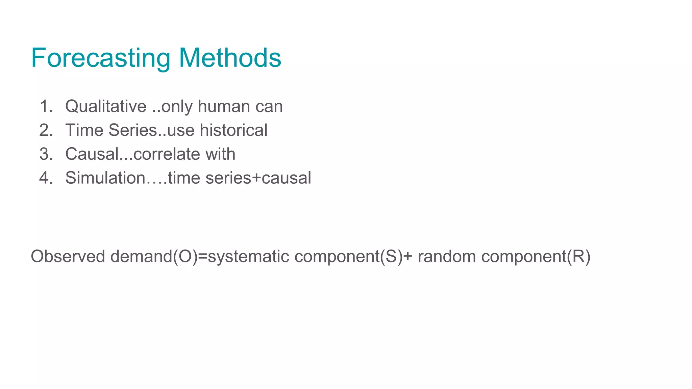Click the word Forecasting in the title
tap(101, 58)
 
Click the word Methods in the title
tap(230, 58)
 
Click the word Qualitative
tap(106, 106)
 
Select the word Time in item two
tap(84, 130)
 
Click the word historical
tap(233, 130)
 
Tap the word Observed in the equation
tap(68, 256)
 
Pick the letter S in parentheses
tap(392, 256)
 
